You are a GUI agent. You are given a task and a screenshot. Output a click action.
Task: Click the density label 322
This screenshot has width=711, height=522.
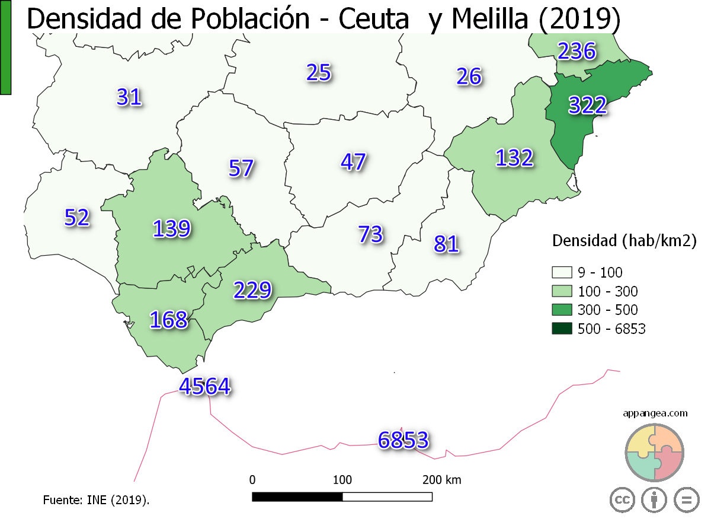[587, 105]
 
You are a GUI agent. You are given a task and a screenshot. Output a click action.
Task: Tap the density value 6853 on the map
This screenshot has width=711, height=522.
[403, 440]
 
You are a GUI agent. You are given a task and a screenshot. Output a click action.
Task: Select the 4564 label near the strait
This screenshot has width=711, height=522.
[204, 386]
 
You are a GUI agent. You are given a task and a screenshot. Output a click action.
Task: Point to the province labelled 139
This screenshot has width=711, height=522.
[172, 228]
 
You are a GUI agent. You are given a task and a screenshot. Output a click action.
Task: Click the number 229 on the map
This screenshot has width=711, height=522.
[252, 290]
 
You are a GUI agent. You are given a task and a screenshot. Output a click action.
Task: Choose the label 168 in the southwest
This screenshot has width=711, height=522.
[168, 320]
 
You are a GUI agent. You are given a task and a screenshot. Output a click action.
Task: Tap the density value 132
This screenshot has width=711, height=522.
[514, 158]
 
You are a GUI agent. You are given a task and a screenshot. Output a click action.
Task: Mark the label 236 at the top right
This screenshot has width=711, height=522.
[576, 52]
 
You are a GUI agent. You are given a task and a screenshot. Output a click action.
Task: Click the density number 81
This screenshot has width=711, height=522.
[446, 244]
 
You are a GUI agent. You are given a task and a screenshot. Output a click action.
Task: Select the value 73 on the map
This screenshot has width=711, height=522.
[370, 234]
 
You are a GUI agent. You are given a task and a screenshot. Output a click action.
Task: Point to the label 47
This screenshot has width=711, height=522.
[353, 162]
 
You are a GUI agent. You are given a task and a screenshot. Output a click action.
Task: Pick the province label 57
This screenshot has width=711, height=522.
[241, 168]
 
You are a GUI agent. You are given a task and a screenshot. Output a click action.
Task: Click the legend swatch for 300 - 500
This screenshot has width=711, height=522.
[561, 310]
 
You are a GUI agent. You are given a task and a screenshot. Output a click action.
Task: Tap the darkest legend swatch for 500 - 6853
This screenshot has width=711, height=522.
[561, 328]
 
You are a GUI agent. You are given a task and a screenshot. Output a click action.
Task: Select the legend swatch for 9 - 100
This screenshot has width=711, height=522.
[561, 273]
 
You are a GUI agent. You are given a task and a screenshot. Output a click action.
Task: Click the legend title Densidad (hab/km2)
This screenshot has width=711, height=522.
[623, 241]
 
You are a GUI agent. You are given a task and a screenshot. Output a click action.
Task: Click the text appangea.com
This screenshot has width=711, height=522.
[655, 413]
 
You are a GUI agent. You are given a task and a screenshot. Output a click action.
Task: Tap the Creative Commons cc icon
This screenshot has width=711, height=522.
[622, 499]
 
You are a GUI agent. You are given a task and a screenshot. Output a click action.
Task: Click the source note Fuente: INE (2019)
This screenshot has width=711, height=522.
[96, 500]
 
